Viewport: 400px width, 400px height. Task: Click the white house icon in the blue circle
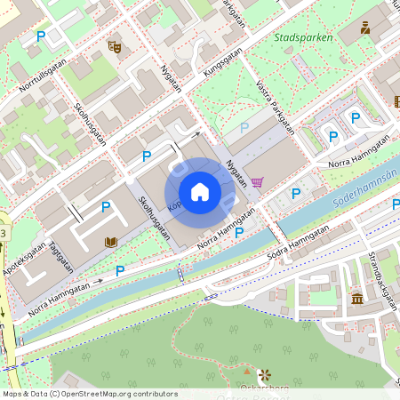[x=200, y=192]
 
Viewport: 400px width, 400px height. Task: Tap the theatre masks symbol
[x=113, y=45]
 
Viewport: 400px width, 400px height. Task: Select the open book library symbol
[x=111, y=242]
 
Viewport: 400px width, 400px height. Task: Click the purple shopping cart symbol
[x=257, y=181]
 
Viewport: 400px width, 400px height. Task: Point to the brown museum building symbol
[x=356, y=298]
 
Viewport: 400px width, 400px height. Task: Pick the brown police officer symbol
[x=364, y=28]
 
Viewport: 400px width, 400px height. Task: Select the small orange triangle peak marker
[x=246, y=369]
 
